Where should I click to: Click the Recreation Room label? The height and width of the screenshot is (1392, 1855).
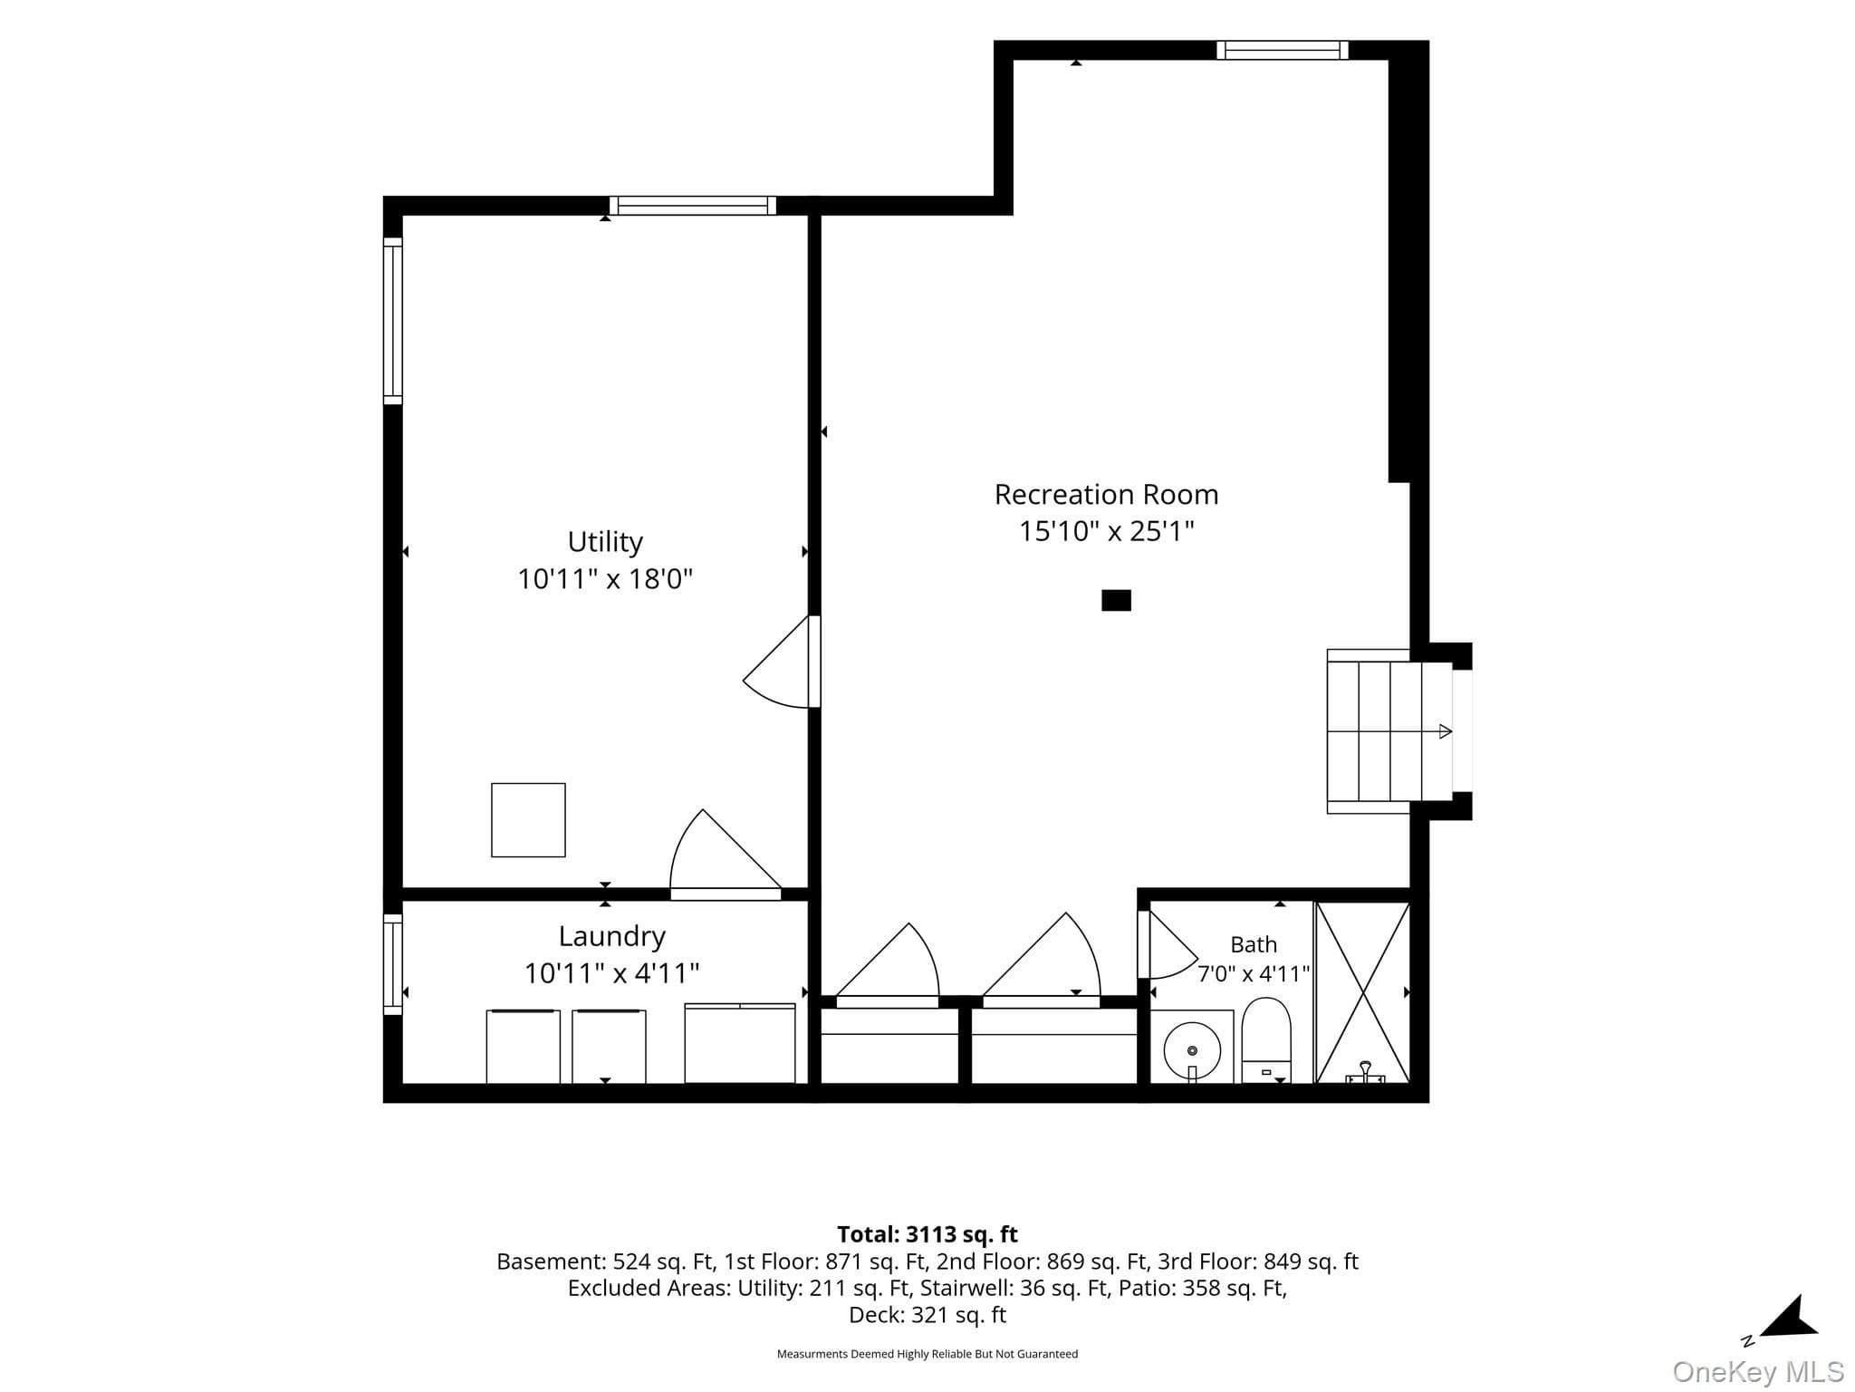click(1106, 495)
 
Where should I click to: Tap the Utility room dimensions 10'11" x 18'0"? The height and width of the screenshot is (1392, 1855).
click(605, 578)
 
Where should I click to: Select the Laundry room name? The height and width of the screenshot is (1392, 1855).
click(611, 936)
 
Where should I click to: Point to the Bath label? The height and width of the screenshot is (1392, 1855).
click(1254, 944)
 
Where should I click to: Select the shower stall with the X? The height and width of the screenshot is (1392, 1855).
click(1362, 992)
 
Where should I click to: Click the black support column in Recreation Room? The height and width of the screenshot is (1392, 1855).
click(1116, 600)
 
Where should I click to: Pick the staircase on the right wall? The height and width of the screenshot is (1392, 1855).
click(1389, 731)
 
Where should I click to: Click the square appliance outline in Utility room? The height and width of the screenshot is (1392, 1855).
click(528, 820)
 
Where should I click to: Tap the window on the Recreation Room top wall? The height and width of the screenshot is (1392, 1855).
click(1282, 50)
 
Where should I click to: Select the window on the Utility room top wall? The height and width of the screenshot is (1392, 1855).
click(693, 206)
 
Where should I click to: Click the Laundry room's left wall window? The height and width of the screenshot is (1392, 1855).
click(392, 964)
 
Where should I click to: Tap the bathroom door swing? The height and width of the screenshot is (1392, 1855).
click(1168, 944)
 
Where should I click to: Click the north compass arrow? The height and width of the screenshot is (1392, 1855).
click(1786, 1319)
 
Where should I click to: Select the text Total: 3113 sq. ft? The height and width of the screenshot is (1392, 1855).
click(927, 1234)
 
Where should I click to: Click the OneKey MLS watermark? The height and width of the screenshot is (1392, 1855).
click(1758, 1371)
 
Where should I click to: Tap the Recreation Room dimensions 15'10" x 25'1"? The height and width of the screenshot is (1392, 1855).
click(1107, 531)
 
